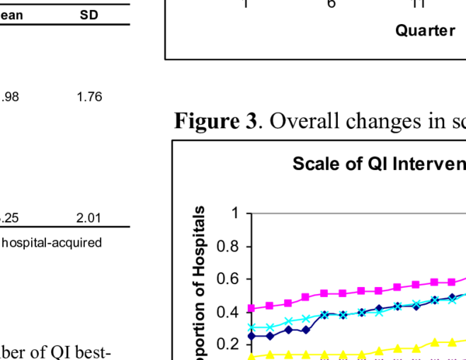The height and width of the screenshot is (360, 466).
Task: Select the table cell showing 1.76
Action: [89, 97]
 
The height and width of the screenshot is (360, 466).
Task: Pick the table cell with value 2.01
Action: [89, 218]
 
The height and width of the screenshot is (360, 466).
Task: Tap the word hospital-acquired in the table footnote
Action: [52, 242]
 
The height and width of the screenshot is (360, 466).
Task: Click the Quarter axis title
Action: [425, 30]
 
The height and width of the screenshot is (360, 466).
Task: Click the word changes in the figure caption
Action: [372, 122]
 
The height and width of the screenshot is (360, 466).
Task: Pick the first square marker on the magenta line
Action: [251, 308]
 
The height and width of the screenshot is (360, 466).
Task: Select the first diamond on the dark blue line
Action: [251, 336]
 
